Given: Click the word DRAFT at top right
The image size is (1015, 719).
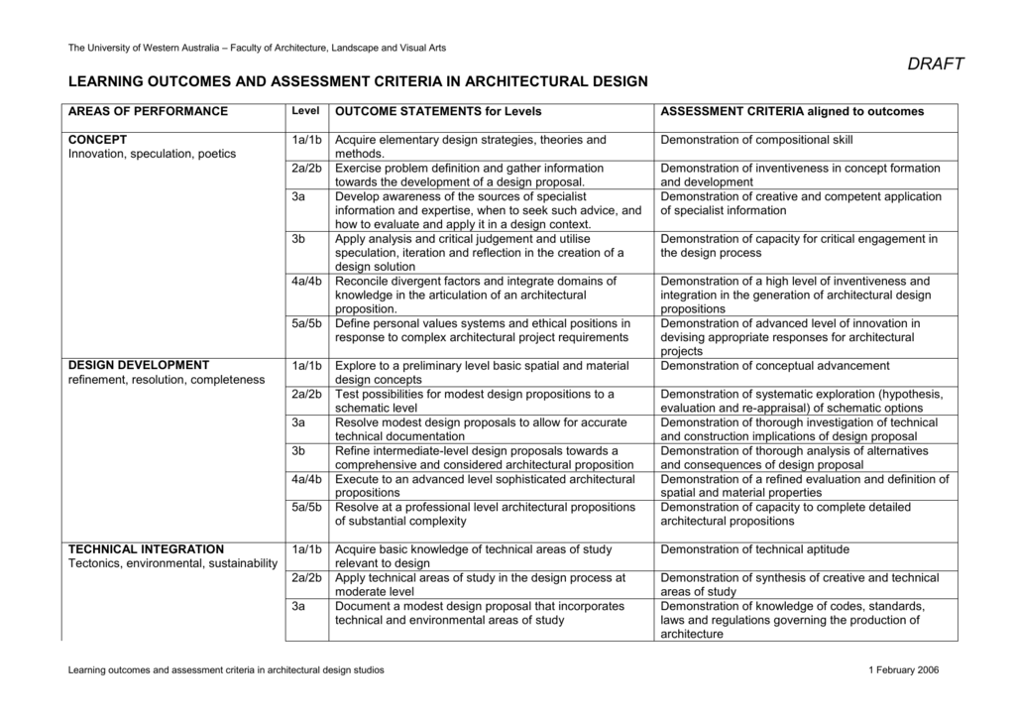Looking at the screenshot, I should point(936,64).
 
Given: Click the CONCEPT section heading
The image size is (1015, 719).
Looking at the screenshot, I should point(97,140).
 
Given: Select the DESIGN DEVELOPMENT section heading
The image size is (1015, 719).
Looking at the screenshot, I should point(138,366).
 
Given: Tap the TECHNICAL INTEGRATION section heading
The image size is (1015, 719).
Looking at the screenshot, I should point(146,549).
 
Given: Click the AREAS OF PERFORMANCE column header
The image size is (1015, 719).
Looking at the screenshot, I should point(148,111).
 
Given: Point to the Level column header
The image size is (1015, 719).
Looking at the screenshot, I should point(304,111).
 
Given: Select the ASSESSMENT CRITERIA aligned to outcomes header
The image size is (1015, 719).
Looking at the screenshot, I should point(792,111).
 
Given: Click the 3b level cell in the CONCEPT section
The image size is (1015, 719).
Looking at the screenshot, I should point(298,239).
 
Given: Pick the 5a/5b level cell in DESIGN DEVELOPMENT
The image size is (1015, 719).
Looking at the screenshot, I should point(307,507).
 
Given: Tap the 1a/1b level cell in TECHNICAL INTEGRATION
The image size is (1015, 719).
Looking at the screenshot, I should point(307,549).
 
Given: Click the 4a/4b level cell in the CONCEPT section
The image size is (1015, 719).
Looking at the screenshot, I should point(307,281).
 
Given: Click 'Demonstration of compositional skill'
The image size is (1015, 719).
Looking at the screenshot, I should point(756,140).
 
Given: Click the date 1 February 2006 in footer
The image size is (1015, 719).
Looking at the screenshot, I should point(902,670).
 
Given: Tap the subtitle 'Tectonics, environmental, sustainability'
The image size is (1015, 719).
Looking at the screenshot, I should point(172,564).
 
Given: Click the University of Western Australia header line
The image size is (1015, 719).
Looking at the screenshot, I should point(256,48).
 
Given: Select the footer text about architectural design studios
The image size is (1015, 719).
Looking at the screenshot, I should point(225,670).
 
